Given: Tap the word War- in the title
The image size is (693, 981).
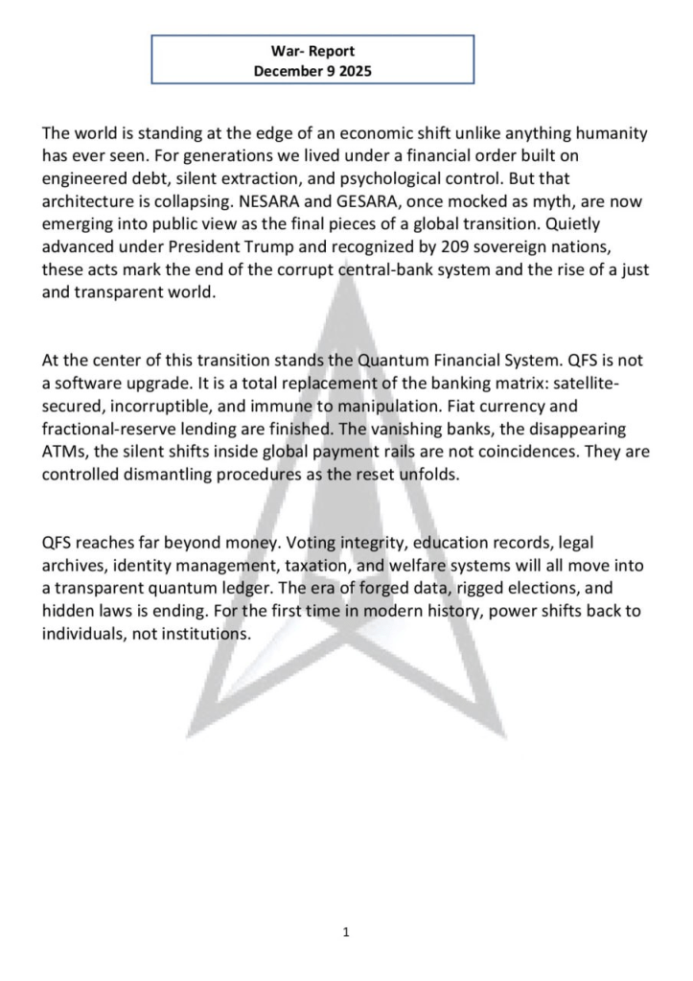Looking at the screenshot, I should pyautogui.click(x=289, y=51).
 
